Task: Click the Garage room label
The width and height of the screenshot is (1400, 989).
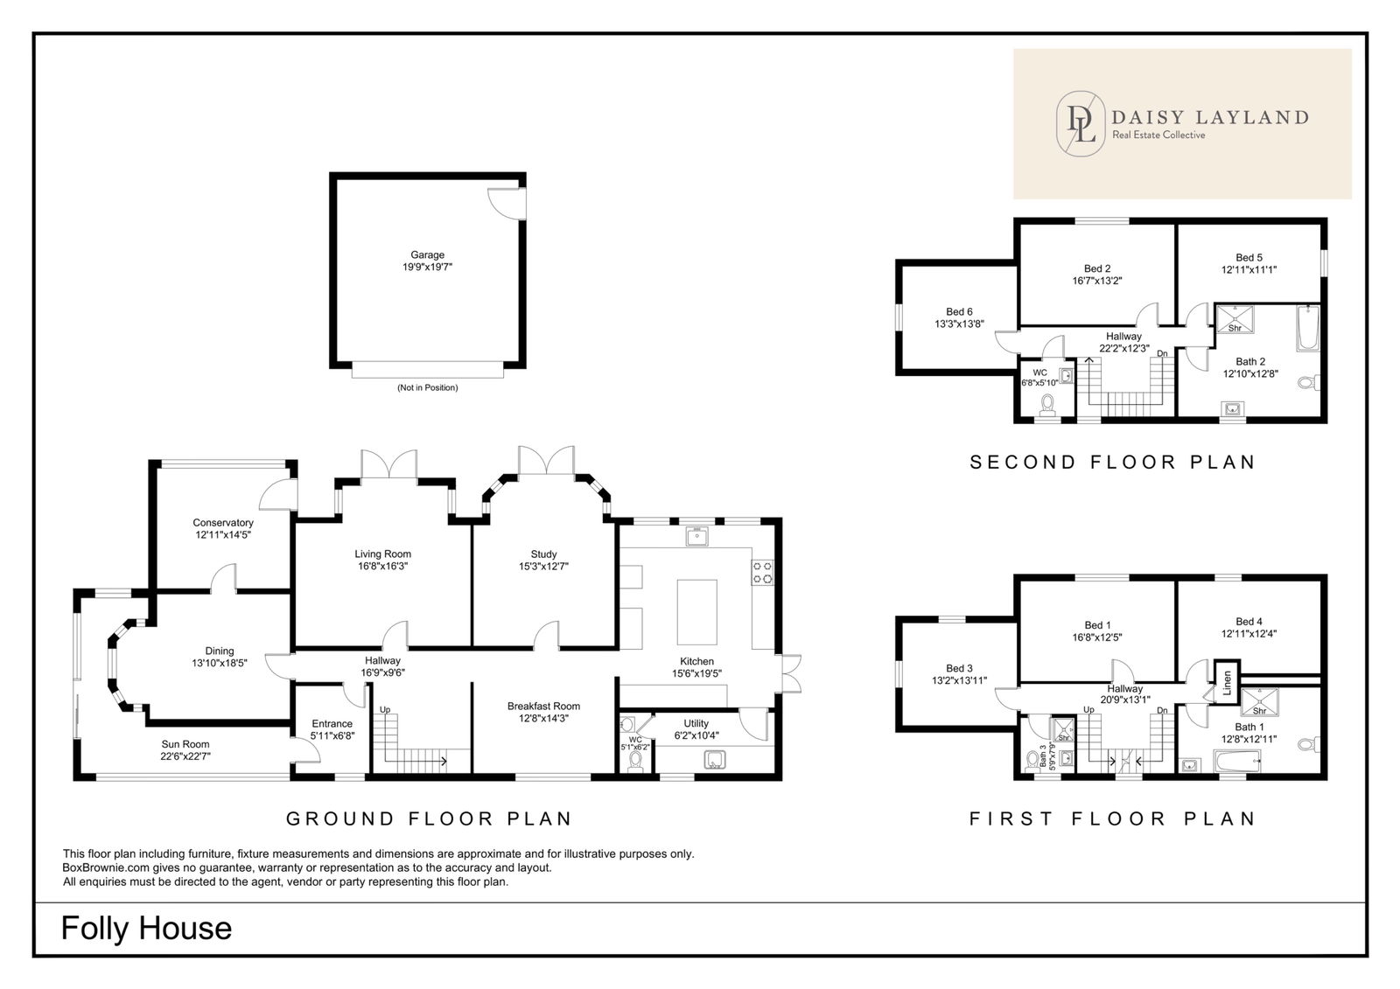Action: coord(428,255)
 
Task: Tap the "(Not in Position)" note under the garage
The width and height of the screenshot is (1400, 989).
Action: coord(428,387)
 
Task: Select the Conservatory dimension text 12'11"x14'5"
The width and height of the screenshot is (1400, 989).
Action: coord(223,535)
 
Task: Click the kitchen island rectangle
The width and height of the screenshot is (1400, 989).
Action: coord(696,612)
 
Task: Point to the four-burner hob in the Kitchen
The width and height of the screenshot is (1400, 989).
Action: coord(762,572)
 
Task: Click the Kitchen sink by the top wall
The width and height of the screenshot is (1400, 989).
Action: coord(696,536)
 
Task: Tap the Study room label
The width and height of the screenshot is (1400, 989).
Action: coord(543,554)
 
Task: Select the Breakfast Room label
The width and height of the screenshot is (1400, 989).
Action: coord(543,706)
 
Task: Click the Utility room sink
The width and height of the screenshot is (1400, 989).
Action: coord(715,760)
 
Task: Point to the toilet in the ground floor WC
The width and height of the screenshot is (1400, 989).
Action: coord(635,761)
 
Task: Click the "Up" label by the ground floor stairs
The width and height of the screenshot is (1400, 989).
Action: coord(385,710)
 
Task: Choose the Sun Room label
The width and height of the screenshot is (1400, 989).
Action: coord(185,744)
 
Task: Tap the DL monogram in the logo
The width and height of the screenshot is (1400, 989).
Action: coord(1081,123)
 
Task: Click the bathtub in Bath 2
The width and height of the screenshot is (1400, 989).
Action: coord(1308,328)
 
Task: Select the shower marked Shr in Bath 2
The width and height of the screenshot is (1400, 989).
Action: coord(1235,318)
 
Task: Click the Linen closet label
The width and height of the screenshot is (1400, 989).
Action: coord(1227,682)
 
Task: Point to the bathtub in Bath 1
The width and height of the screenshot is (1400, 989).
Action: coord(1237,762)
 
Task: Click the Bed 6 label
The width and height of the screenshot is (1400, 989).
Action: coord(959,312)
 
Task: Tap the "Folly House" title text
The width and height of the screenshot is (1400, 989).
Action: coord(146,929)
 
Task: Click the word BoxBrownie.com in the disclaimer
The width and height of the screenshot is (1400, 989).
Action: coord(106,867)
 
